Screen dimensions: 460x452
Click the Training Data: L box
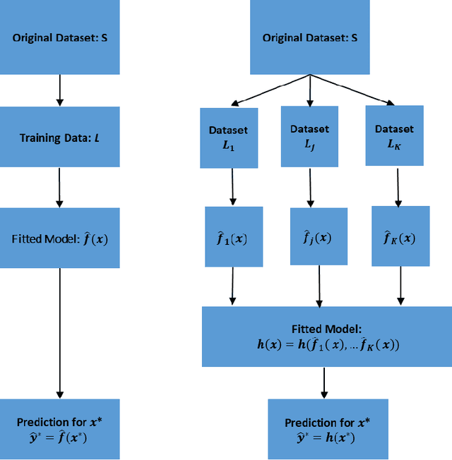pos(59,138)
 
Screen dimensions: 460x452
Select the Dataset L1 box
pos(229,138)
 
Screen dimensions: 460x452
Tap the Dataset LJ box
pos(309,135)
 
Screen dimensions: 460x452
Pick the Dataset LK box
pos(394,135)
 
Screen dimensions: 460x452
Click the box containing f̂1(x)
pos(234,237)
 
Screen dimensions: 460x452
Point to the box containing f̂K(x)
pos(400,237)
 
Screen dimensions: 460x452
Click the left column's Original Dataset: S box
pos(59,37)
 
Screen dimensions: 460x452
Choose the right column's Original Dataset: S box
pos(309,37)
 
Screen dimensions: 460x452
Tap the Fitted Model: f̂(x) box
pos(59,238)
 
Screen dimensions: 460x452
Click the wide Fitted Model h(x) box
pos(326,337)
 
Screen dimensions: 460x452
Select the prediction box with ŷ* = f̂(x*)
pos(59,429)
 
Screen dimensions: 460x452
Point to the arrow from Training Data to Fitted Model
pos(59,187)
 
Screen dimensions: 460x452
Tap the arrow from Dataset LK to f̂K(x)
pos(398,186)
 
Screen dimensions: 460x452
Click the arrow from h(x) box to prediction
pos(324,382)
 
